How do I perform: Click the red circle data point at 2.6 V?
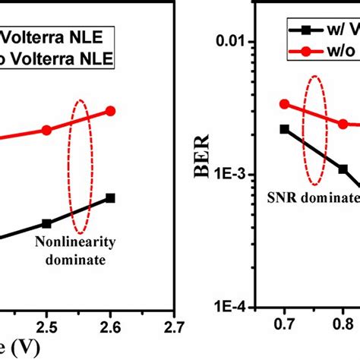point(110,111)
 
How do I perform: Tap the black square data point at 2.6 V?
point(110,197)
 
